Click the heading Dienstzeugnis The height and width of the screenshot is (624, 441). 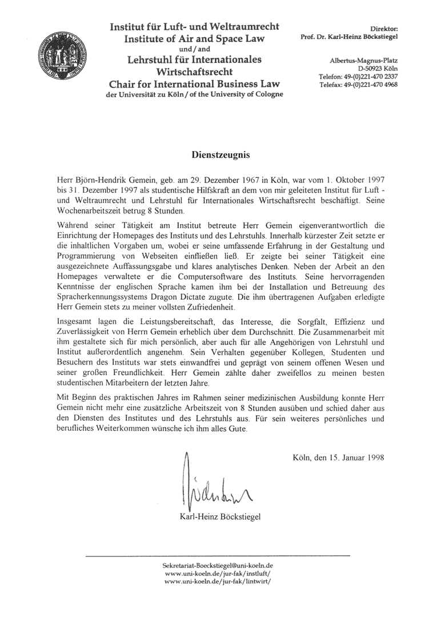coord(220,154)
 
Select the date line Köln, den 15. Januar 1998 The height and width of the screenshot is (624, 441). coord(337,458)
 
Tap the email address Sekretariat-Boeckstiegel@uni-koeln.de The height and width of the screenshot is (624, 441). coord(218,565)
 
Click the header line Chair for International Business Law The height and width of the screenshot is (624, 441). coord(194,85)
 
